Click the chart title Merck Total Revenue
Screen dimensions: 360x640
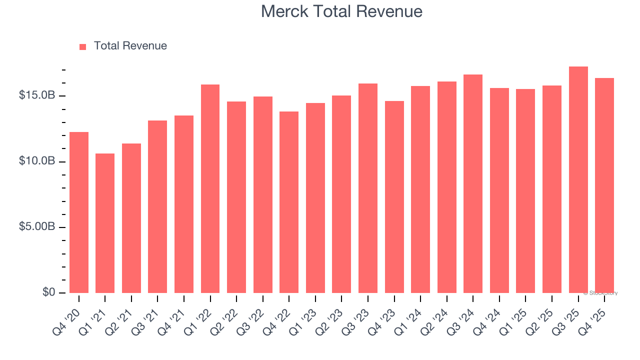(x=341, y=11)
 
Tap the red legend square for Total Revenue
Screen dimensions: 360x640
(x=83, y=46)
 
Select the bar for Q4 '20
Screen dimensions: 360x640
(x=79, y=212)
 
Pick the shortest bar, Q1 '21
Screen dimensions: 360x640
(x=105, y=223)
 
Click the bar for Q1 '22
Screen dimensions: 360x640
(x=210, y=188)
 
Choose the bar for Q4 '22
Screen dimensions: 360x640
(x=289, y=202)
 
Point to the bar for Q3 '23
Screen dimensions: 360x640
(x=368, y=188)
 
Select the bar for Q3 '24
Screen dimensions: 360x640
(x=473, y=183)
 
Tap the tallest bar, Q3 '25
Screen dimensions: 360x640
(x=578, y=179)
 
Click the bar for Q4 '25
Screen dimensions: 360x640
(x=604, y=185)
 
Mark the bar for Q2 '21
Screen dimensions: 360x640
(x=131, y=218)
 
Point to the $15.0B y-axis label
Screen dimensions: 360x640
(x=36, y=95)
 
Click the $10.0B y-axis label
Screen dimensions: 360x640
(x=36, y=161)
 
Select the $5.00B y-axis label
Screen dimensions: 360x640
(x=36, y=226)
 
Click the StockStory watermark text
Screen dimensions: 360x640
(x=600, y=293)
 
